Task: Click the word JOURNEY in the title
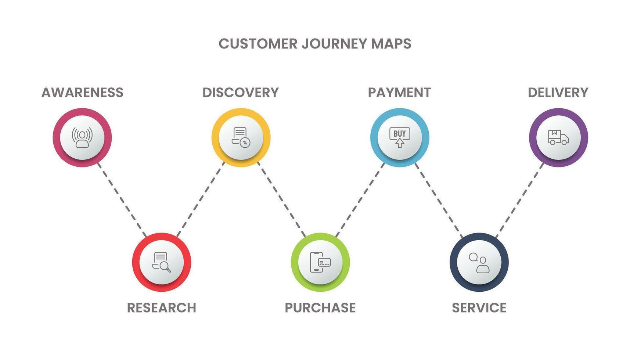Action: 334,44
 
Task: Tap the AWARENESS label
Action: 82,93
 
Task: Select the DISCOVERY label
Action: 241,93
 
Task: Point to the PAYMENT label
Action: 399,93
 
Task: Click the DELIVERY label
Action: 558,93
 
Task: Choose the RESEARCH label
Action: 162,308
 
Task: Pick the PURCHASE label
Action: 320,308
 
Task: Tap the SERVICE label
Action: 479,308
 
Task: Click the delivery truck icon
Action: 558,137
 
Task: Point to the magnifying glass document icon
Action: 162,262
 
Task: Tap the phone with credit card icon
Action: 320,262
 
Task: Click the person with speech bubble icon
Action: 479,262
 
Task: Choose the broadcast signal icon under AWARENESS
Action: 82,137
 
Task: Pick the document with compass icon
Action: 241,137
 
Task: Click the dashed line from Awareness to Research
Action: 122,199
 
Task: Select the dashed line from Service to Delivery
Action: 519,199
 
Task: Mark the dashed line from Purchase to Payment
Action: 360,199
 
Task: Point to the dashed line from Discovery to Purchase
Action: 281,199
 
